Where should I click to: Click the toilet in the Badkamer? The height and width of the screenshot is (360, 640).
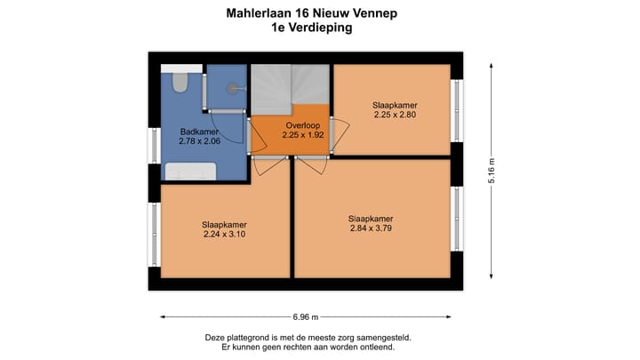tap(180, 83)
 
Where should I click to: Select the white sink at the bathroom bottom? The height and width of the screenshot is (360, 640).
tap(191, 172)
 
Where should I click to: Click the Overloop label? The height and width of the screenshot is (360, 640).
tap(302, 125)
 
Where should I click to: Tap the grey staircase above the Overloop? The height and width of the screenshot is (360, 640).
tap(289, 89)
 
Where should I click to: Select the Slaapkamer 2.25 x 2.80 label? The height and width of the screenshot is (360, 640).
tap(395, 109)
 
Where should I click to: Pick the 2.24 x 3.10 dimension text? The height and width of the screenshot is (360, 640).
tap(224, 235)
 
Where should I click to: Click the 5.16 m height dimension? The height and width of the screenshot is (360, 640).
tap(492, 170)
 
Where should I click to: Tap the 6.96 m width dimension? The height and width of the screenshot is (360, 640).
tap(305, 316)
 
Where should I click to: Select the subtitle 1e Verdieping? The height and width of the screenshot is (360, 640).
tap(312, 28)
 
